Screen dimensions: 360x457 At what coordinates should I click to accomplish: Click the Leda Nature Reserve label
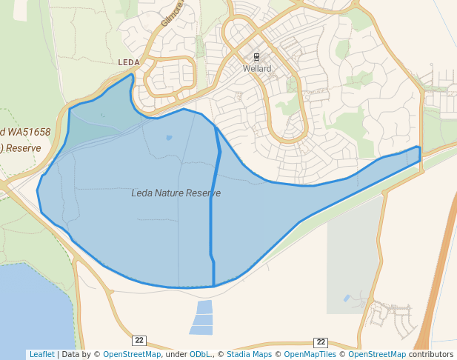click(x=176, y=193)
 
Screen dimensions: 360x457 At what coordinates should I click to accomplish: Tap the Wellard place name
click(x=257, y=69)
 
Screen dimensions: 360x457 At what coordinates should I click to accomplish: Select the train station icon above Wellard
click(x=257, y=57)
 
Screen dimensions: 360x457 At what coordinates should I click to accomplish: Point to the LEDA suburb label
click(x=129, y=63)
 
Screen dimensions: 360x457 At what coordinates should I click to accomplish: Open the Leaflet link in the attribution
click(x=41, y=354)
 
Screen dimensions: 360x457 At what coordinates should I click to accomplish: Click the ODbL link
click(x=199, y=354)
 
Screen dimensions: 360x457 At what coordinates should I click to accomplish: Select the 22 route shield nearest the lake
click(x=139, y=340)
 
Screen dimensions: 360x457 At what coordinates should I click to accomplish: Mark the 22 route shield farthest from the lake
click(x=321, y=341)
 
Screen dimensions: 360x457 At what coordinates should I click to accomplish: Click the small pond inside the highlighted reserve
click(x=169, y=137)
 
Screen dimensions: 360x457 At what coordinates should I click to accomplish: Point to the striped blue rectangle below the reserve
click(x=201, y=318)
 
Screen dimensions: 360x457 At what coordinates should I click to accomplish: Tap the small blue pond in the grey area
click(x=347, y=298)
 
